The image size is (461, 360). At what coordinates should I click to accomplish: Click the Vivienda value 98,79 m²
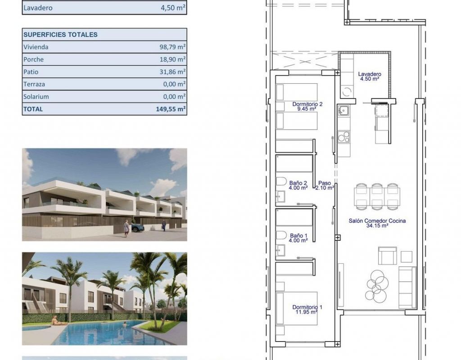(x=172, y=47)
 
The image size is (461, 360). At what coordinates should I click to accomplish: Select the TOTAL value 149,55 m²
(x=171, y=109)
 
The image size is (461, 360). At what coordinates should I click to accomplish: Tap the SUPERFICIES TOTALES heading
(x=60, y=35)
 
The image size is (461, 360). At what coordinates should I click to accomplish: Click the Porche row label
(x=33, y=59)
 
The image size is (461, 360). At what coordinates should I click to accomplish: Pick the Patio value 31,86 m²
(x=172, y=72)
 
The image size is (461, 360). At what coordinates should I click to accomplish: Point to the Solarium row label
(x=36, y=97)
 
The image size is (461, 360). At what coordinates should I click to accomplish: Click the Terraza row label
(x=34, y=84)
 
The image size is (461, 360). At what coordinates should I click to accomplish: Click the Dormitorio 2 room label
(x=307, y=106)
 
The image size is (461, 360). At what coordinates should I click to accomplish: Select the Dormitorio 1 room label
(x=307, y=310)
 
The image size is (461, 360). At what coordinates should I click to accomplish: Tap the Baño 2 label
(x=298, y=185)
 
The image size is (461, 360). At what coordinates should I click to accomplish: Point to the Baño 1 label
(x=298, y=238)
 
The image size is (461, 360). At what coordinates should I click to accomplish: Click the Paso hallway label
(x=325, y=185)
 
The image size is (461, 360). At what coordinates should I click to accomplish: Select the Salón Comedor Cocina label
(x=377, y=223)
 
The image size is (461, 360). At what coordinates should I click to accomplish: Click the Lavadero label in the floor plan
(x=370, y=76)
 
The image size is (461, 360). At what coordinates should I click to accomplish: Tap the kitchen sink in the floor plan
(x=343, y=111)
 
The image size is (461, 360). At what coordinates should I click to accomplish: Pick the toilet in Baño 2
(x=281, y=181)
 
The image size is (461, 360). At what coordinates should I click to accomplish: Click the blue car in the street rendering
(x=138, y=227)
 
